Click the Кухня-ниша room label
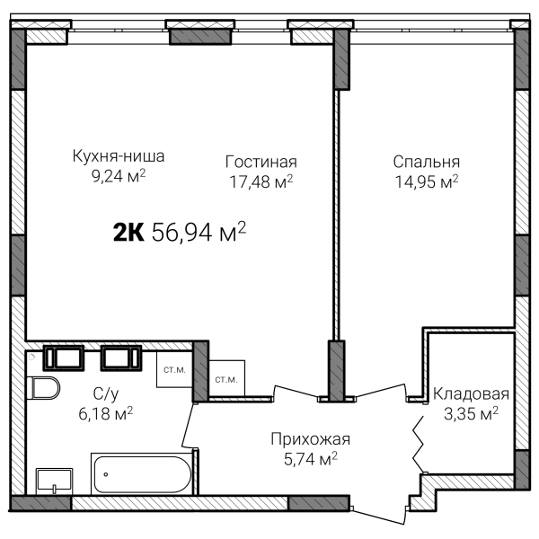click(119, 156)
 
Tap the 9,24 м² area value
click(119, 176)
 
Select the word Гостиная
click(261, 162)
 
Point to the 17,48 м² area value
click(261, 181)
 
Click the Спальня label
click(427, 162)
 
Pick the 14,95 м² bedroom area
click(427, 181)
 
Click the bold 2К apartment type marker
click(128, 232)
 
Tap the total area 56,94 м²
click(199, 232)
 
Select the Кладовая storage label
click(471, 394)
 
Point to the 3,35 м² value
click(471, 413)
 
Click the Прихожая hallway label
click(311, 439)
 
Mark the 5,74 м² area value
click(311, 458)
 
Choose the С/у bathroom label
click(106, 394)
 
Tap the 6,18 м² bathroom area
click(106, 413)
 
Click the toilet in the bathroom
click(43, 388)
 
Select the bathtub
click(143, 473)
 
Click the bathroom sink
click(54, 481)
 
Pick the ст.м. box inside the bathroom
click(174, 369)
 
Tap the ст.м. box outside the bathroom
click(226, 379)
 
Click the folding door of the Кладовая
click(418, 444)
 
